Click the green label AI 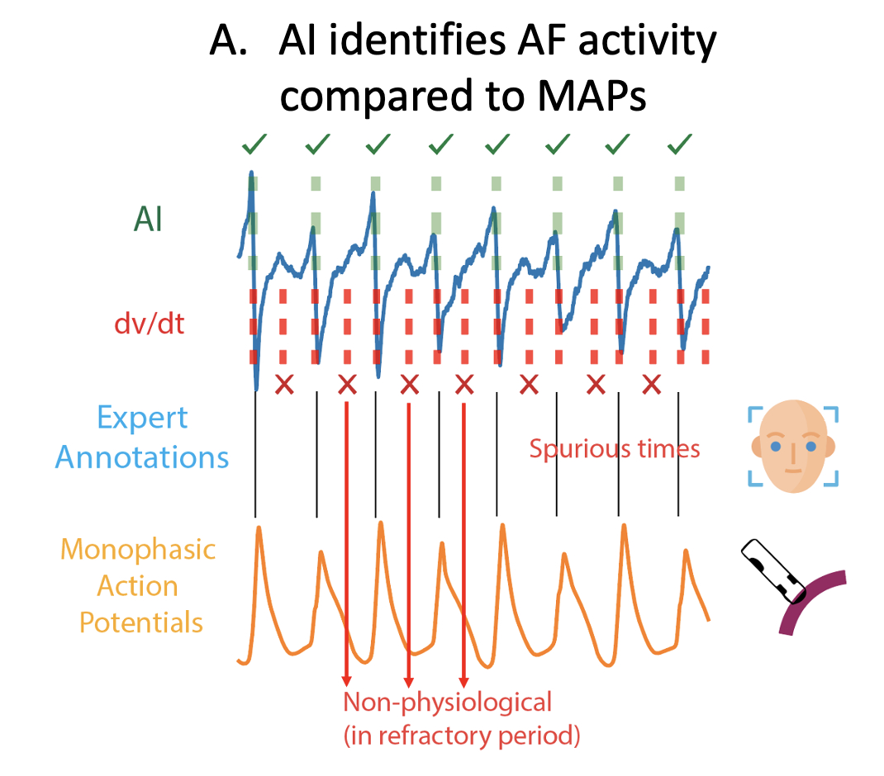[x=149, y=221]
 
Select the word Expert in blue [x=142, y=419]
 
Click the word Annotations [x=142, y=457]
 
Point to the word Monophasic [x=139, y=549]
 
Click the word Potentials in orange [x=141, y=622]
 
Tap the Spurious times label [x=615, y=449]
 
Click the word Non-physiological [x=447, y=703]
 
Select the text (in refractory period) [x=462, y=735]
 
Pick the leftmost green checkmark [x=254, y=147]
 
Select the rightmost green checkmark [x=679, y=146]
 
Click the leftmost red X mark [x=284, y=384]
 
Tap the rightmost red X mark [x=652, y=384]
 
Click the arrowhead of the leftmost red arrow [x=345, y=681]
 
